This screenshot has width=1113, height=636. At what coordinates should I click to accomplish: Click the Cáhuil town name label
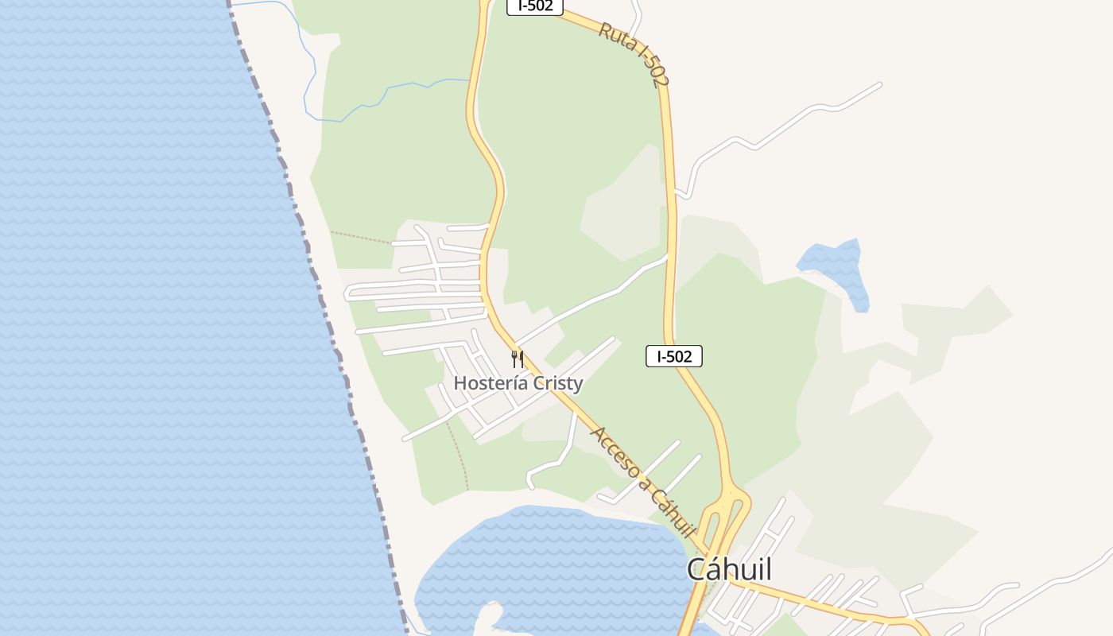tap(729, 569)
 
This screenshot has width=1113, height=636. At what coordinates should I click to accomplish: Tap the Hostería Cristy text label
tap(518, 383)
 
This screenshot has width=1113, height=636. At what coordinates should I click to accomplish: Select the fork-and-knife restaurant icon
tap(518, 359)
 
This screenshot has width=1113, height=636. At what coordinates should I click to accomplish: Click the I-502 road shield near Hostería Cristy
tap(673, 356)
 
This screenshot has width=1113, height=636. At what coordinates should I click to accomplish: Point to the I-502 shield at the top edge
tap(535, 6)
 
